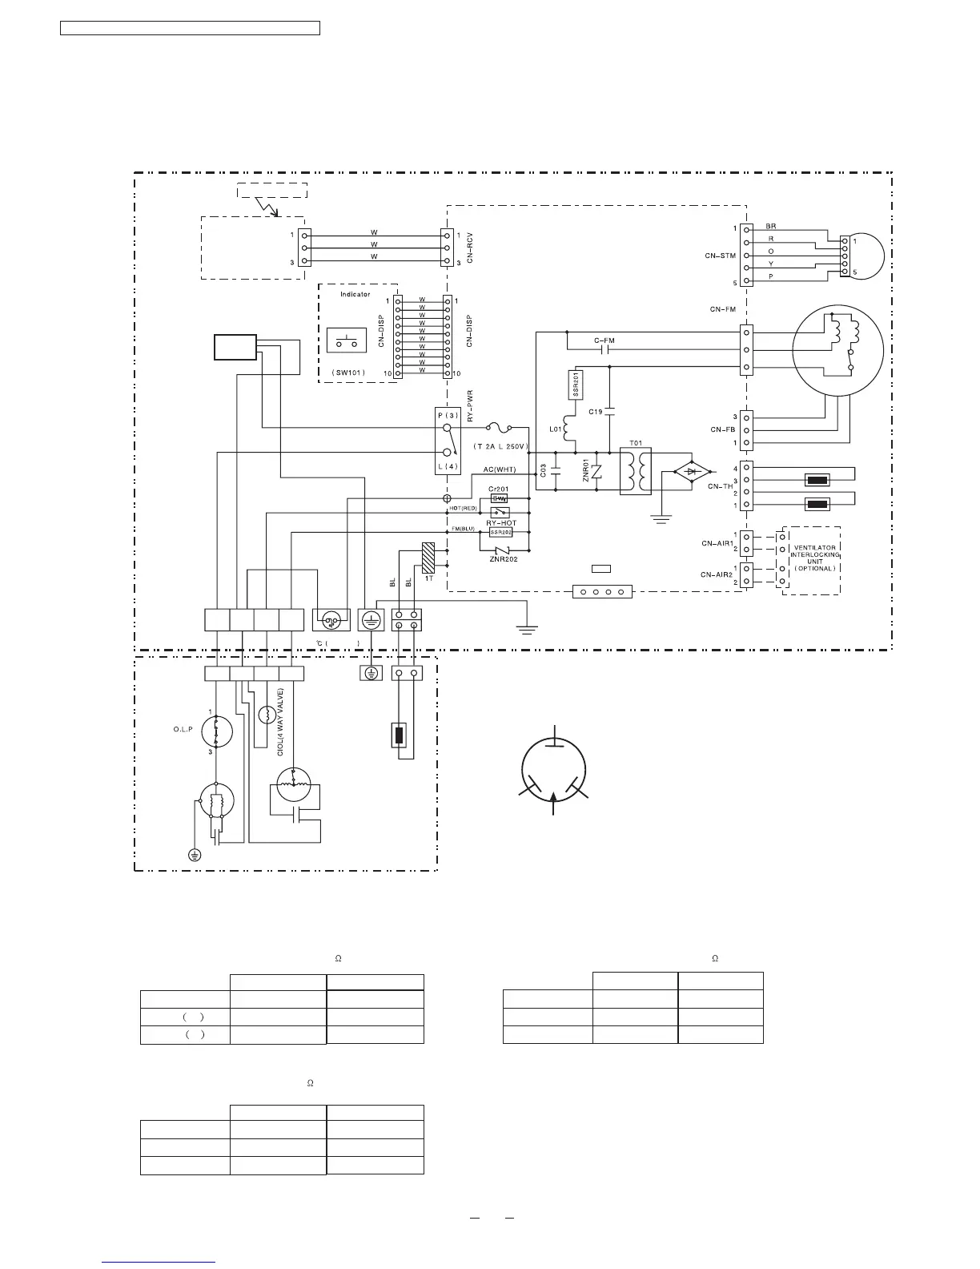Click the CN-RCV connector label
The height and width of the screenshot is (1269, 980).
point(470,248)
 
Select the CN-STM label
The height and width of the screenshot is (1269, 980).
point(720,256)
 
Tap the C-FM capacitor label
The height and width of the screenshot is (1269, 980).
point(604,341)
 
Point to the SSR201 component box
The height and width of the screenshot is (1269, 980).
point(575,385)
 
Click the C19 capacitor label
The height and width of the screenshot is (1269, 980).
point(595,412)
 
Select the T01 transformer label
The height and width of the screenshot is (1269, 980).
point(636,442)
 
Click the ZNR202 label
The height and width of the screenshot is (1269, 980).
point(504,558)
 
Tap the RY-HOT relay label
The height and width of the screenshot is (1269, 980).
point(501,522)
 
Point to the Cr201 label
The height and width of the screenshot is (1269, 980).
point(498,489)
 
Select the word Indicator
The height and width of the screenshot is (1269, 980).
point(355,294)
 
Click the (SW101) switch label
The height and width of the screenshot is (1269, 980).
point(348,373)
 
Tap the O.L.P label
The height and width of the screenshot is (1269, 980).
point(183,730)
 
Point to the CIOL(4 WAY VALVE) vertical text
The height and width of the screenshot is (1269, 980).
point(280,722)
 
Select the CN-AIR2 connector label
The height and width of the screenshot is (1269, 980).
point(717,574)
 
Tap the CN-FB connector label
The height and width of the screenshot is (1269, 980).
point(722,429)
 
